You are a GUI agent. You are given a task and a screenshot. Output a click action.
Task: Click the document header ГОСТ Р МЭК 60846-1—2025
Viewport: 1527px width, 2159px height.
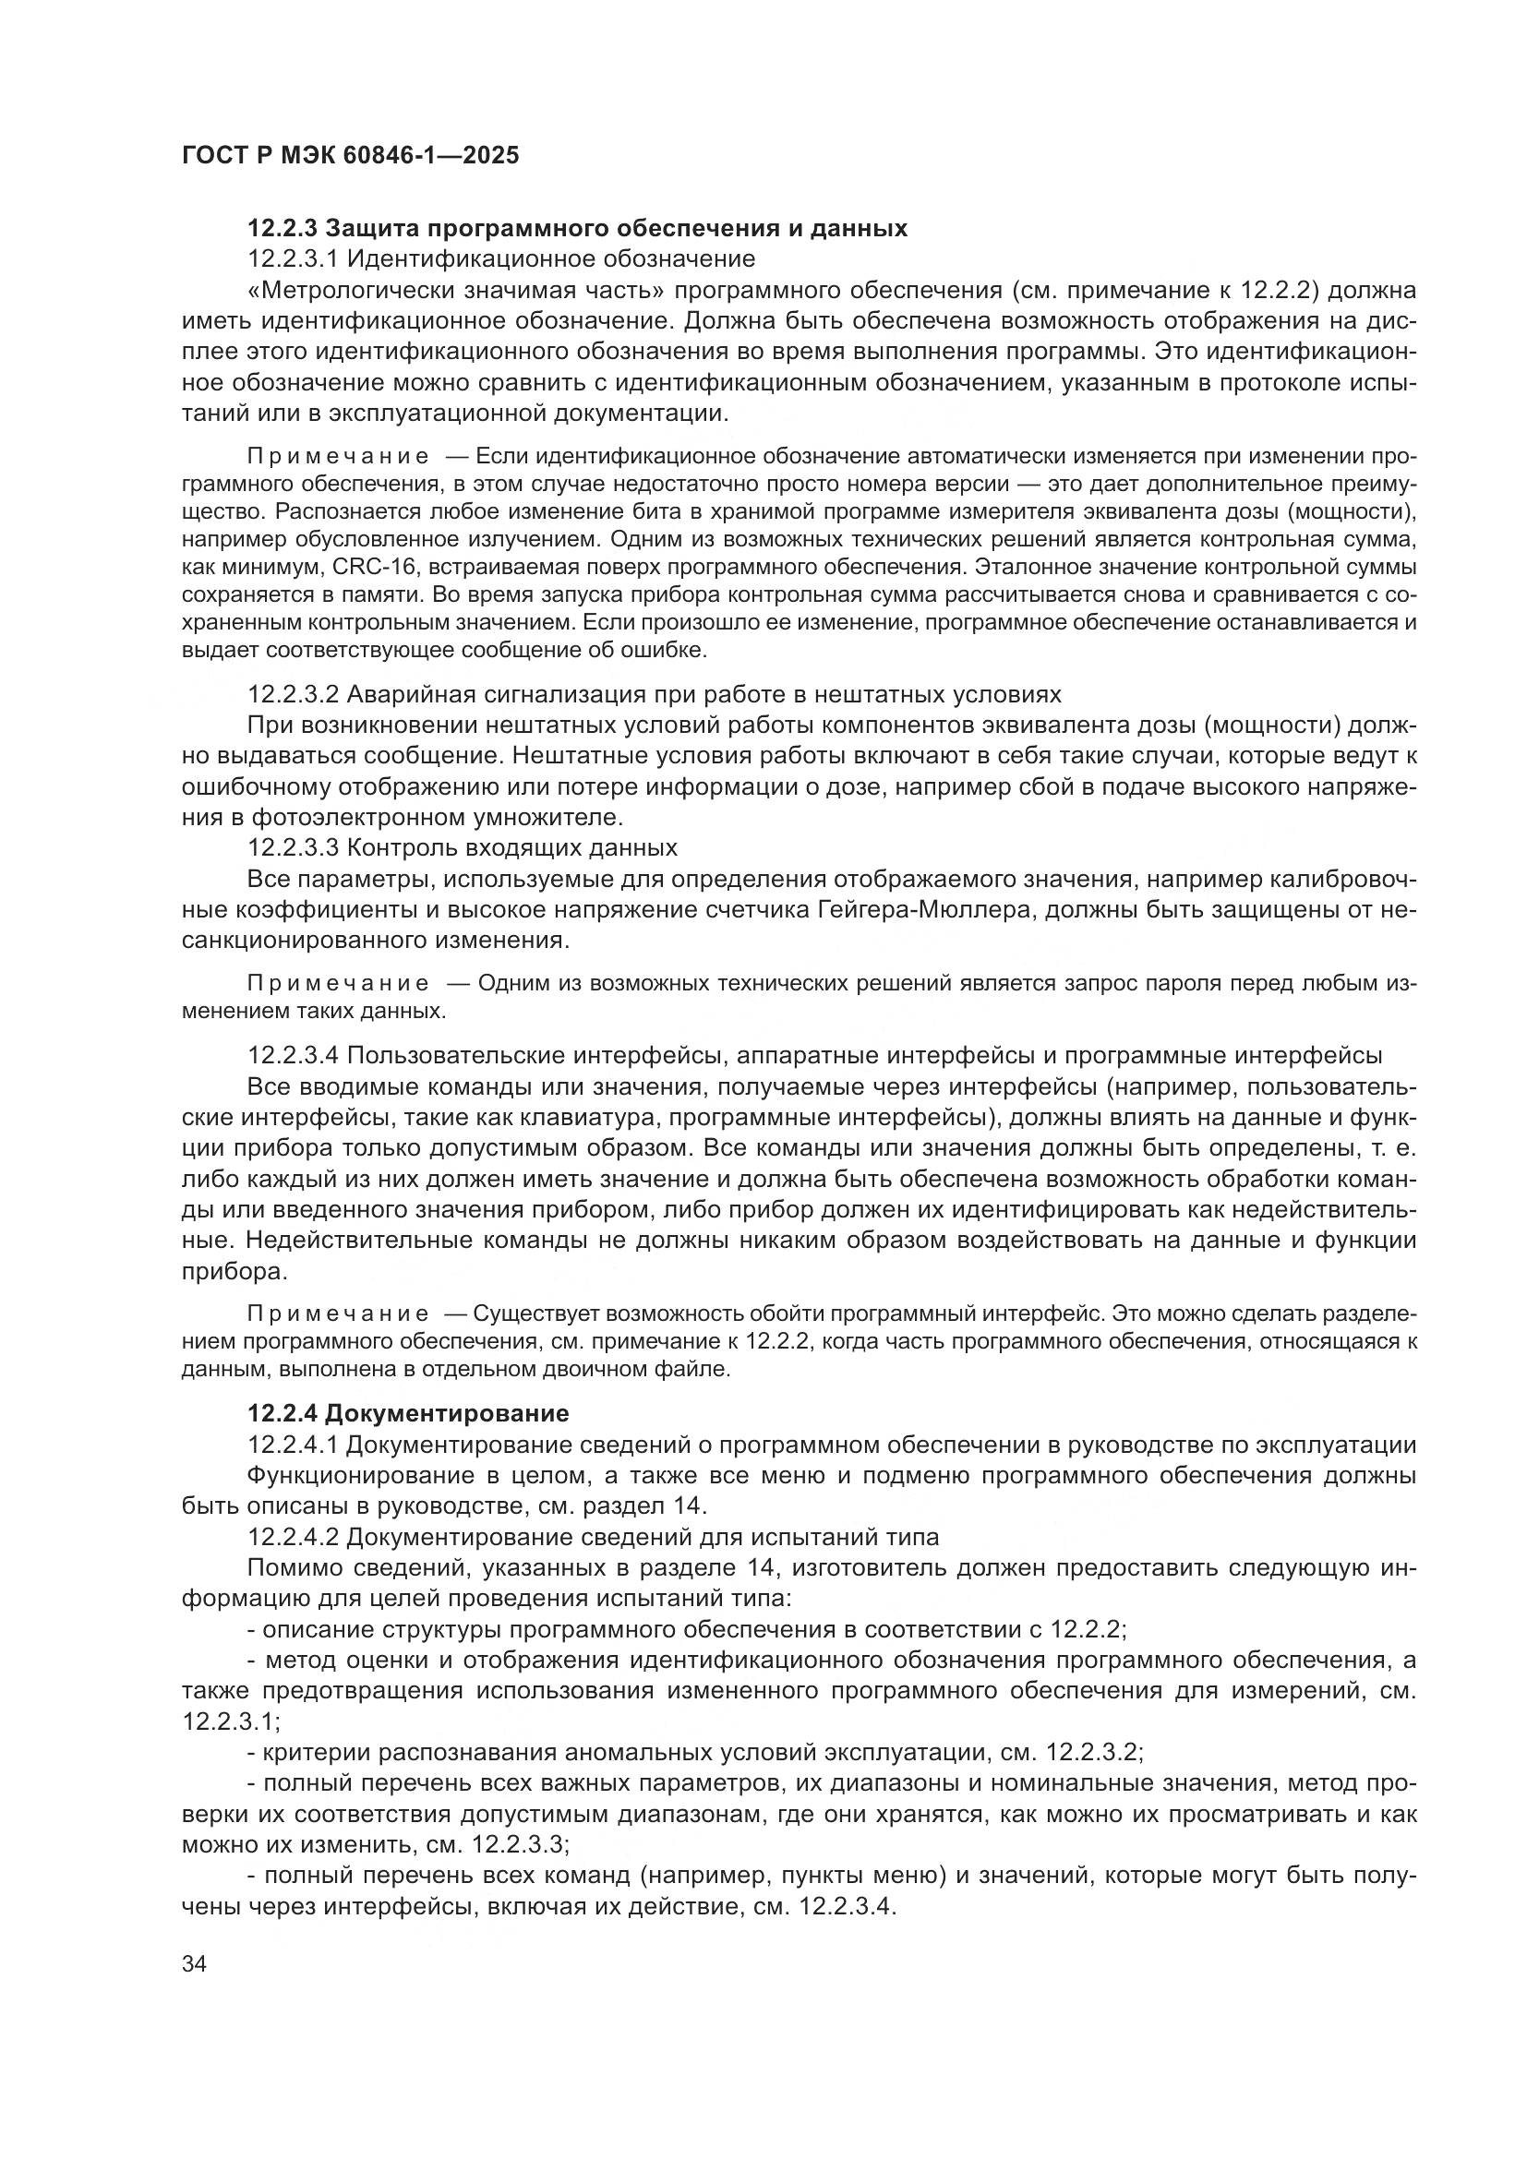click(350, 156)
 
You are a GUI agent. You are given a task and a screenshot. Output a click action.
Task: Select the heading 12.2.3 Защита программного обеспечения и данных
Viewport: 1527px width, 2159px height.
click(577, 229)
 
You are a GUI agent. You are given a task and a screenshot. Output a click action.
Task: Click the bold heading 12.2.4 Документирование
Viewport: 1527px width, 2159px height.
click(408, 1413)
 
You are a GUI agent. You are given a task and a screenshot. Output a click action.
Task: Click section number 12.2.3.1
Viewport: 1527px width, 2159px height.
click(295, 258)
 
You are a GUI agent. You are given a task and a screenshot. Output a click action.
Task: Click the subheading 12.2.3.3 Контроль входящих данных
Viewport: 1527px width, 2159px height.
click(462, 847)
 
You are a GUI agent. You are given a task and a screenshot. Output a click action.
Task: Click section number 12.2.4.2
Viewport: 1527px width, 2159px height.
click(295, 1537)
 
